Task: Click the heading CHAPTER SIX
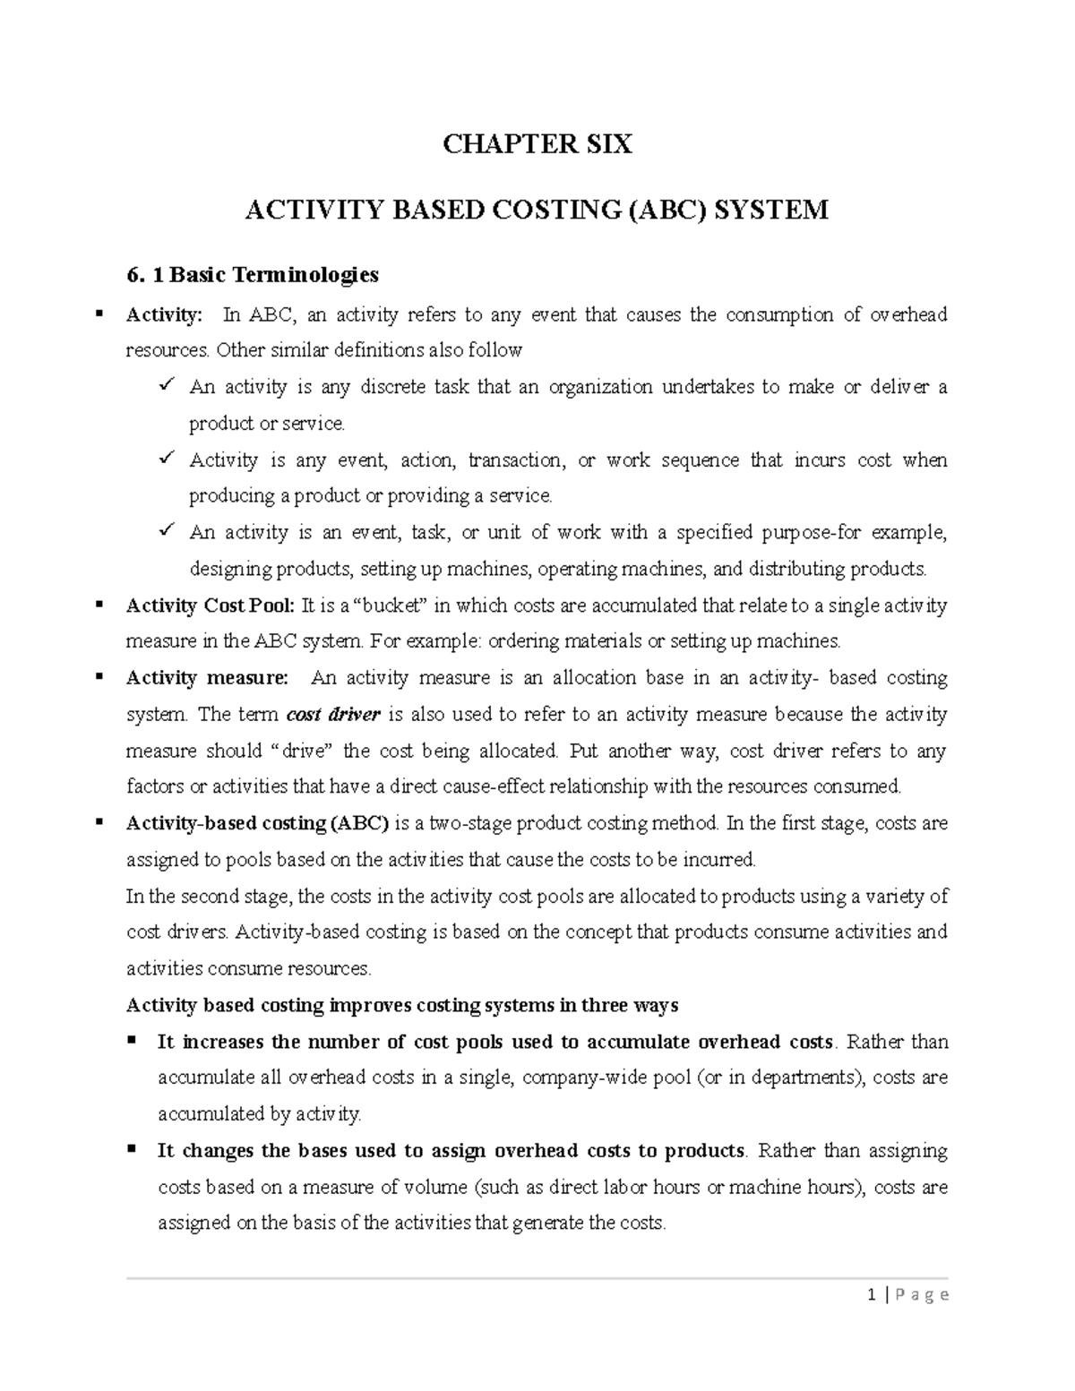tap(537, 144)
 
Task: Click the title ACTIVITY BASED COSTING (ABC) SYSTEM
tap(537, 210)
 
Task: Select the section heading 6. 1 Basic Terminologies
tap(253, 274)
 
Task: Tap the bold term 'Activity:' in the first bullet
tap(165, 315)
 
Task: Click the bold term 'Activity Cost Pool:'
tap(211, 606)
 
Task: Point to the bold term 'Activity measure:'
tap(208, 678)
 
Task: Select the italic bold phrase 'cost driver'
tap(333, 715)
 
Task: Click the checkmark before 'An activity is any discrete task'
tap(166, 386)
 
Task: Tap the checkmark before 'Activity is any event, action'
tap(166, 459)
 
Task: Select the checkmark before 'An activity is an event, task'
tap(166, 531)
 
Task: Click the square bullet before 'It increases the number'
tap(132, 1041)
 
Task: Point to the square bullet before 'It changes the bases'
tap(132, 1149)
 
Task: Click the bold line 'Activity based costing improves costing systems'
tap(402, 1005)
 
